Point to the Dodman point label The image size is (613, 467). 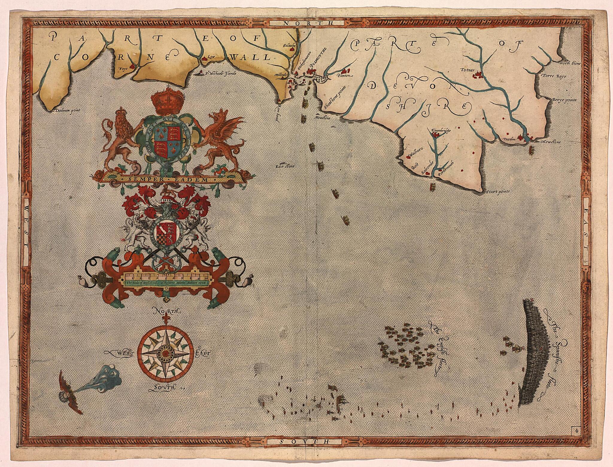point(66,110)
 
